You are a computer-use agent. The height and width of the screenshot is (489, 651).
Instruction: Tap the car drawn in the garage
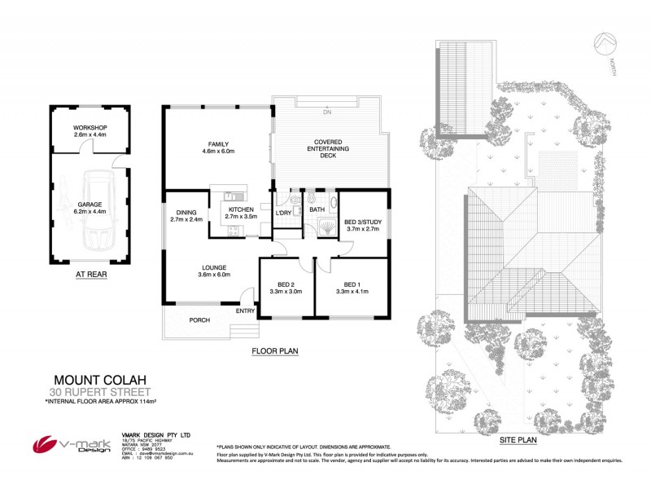click(102, 209)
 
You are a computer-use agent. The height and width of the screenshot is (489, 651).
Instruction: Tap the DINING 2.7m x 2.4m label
click(186, 215)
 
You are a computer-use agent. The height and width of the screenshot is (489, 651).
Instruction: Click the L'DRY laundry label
click(283, 213)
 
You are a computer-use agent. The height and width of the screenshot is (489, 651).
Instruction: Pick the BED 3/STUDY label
click(363, 226)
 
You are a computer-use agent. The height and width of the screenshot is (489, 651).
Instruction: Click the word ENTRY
click(245, 311)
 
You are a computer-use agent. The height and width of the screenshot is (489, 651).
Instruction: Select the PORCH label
click(200, 320)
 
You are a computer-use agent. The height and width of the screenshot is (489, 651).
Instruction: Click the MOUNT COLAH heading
click(93, 380)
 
